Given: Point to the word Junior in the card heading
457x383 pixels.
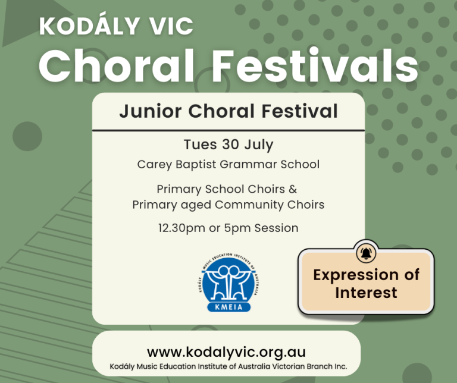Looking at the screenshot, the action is [151, 111].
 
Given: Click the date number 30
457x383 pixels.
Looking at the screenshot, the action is [230, 144].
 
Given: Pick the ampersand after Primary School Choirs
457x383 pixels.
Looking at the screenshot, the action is [293, 189].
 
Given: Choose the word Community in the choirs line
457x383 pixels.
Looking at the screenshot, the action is [249, 205].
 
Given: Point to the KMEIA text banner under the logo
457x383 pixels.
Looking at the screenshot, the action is [229, 307].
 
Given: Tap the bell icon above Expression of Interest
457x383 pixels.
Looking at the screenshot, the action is [366, 253].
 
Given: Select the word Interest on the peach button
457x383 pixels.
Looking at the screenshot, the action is [366, 293].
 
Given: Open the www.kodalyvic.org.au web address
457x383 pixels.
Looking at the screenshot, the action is [227, 352].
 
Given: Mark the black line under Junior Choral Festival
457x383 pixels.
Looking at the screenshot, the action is [228, 130].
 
